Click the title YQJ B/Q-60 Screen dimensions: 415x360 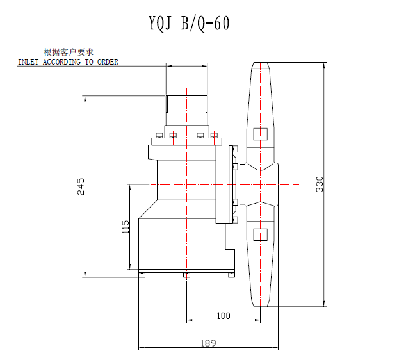[189, 23]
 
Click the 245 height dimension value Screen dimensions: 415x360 [81, 186]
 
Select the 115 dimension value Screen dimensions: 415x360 [126, 227]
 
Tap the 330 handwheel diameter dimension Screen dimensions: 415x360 [320, 184]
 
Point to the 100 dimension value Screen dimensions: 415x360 [224, 316]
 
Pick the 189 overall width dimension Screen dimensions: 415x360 [208, 343]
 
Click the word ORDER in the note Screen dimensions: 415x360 [108, 62]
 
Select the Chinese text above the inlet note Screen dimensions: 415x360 [69, 52]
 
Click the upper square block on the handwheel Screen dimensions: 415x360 [261, 134]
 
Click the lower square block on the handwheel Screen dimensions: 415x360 [261, 235]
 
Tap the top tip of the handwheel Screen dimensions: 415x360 [261, 63]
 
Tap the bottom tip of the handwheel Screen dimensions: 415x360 [261, 306]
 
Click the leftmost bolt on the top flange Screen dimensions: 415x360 [159, 135]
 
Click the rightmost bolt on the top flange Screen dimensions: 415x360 [214, 135]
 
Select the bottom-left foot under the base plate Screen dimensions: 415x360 [142, 275]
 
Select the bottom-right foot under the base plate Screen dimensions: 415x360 [232, 275]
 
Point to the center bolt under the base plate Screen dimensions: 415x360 [186, 275]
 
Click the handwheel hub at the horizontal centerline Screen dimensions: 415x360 [261, 184]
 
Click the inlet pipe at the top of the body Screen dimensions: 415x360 [186, 110]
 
